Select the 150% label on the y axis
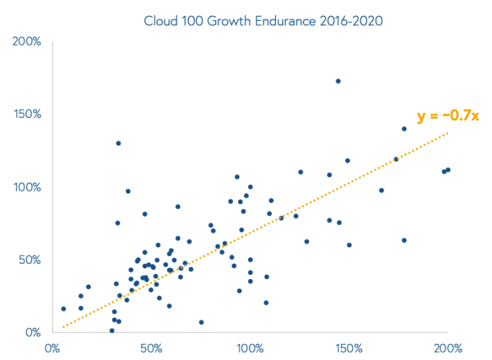pos(26,114)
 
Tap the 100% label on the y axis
pos(26,187)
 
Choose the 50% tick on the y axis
pos(29,260)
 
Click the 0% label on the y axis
pos(32,333)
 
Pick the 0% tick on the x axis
pos(52,348)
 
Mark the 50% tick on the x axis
pos(150,348)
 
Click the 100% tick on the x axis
pos(250,348)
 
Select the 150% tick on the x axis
pos(349,348)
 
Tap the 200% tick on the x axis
pos(447,348)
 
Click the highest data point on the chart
pos(338,81)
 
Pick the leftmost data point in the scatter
pos(64,309)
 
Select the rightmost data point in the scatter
pos(448,170)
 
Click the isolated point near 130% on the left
pos(118,143)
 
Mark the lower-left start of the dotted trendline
pos(63,327)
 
